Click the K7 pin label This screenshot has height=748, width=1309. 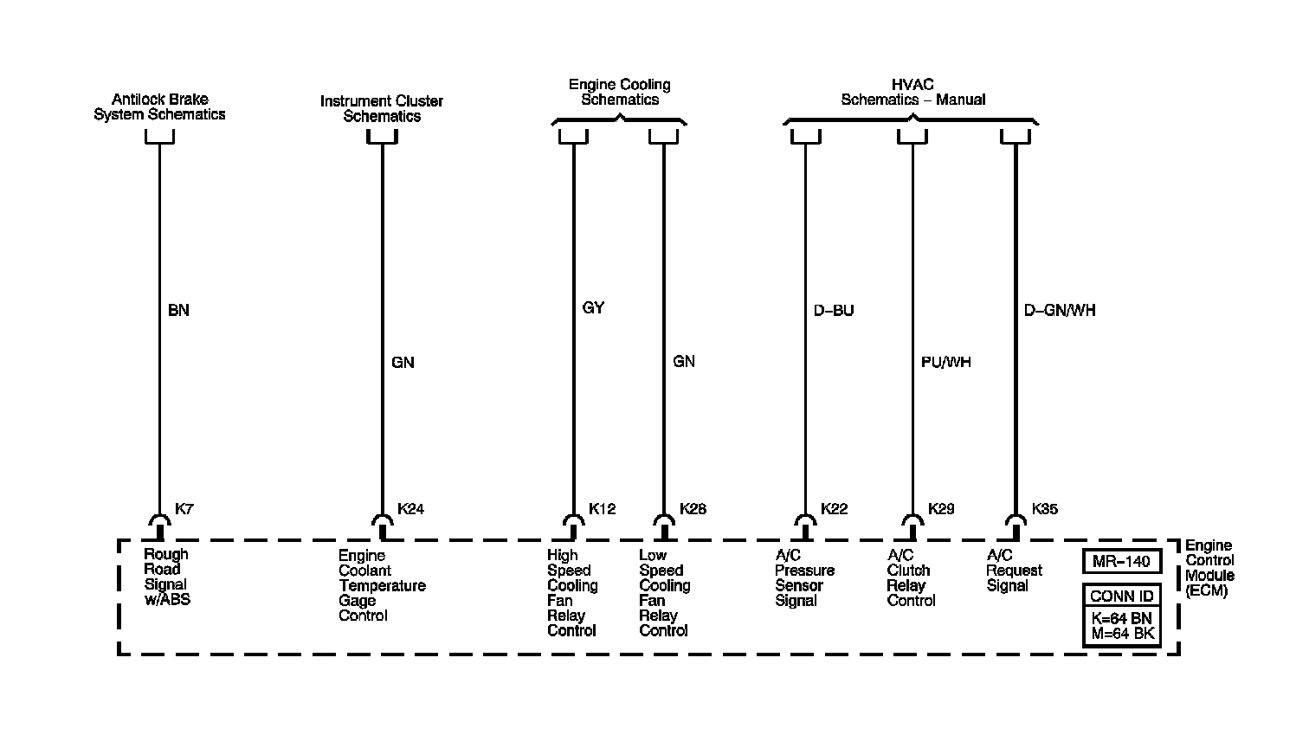[184, 509]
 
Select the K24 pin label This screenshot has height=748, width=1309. [410, 509]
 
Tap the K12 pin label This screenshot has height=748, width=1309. [602, 509]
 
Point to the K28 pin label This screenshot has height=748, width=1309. [693, 509]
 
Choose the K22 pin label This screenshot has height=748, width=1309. [834, 509]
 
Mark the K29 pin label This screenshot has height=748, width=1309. [941, 509]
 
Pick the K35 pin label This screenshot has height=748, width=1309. [1044, 509]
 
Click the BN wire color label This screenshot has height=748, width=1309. [178, 310]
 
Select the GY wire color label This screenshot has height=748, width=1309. [593, 308]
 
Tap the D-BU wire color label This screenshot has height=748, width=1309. [834, 310]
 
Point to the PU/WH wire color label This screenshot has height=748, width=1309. [945, 362]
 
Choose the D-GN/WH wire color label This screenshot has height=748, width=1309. [1060, 310]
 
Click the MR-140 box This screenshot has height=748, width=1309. [1121, 562]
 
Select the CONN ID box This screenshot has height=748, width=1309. [1121, 596]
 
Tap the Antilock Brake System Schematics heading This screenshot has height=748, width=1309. [159, 106]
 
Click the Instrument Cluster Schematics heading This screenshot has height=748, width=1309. [382, 108]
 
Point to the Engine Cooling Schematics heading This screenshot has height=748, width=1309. [620, 92]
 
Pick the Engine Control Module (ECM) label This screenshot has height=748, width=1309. [1209, 568]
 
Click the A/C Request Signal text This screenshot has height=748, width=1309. [1014, 571]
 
